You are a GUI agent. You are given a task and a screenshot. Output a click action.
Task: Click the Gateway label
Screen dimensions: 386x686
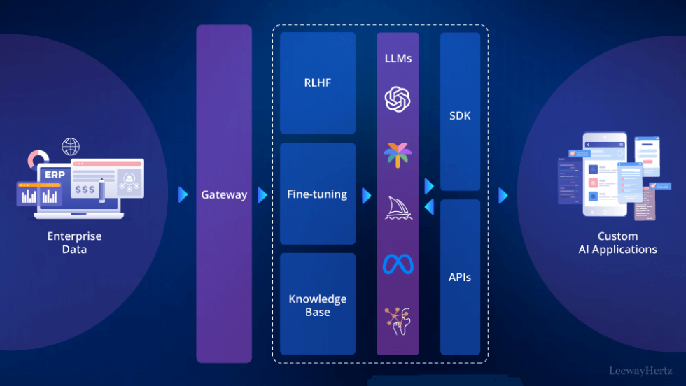click(224, 195)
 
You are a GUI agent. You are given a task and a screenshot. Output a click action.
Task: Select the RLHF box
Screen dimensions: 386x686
click(318, 83)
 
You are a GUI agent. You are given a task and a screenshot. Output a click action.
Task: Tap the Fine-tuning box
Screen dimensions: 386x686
click(318, 194)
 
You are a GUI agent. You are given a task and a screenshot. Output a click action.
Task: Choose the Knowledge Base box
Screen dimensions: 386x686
click(318, 305)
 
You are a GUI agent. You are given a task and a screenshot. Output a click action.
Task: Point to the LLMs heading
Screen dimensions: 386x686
click(398, 58)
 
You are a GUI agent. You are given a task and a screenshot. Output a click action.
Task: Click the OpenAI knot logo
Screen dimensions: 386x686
click(398, 99)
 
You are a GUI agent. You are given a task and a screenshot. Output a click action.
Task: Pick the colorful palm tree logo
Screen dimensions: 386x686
click(398, 154)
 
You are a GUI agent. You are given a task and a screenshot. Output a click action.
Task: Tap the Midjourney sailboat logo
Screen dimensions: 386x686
click(398, 208)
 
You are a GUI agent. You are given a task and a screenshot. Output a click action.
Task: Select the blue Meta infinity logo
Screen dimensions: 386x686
click(398, 264)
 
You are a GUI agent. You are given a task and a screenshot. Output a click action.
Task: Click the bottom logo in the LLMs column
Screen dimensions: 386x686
click(398, 317)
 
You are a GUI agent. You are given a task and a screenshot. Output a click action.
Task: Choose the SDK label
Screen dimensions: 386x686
click(460, 115)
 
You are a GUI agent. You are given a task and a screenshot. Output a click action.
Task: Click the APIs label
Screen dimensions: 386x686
click(460, 277)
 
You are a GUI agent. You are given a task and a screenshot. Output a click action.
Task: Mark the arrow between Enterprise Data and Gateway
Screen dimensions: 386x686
click(183, 195)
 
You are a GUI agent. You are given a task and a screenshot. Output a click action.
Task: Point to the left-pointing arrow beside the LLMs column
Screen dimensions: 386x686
click(429, 206)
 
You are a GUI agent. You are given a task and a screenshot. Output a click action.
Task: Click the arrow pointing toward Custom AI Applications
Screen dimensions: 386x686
click(503, 195)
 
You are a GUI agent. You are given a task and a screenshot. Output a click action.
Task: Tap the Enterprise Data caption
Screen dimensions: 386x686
click(74, 243)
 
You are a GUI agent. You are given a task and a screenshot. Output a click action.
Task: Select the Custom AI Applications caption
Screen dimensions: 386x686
click(617, 243)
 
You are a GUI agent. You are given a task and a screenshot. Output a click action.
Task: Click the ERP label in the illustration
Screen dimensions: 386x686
click(53, 174)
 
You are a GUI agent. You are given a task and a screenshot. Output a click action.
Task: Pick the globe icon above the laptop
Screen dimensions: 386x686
click(71, 147)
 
